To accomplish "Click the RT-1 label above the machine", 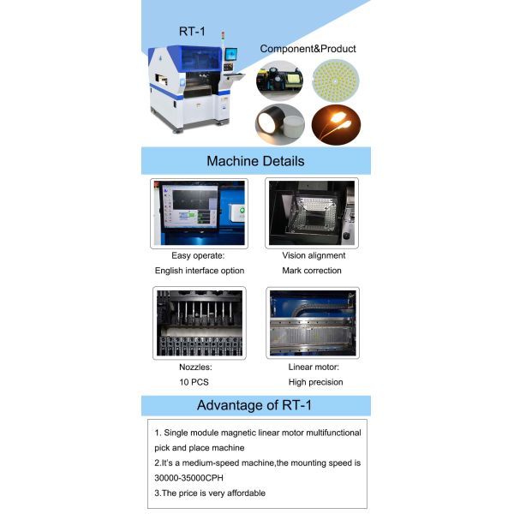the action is tap(192, 32).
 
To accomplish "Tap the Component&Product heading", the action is tap(308, 49).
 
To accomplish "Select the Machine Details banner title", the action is tap(255, 161).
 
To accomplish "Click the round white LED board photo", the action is tap(335, 81).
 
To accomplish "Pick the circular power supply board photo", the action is tap(279, 81).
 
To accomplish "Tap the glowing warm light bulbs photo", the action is tap(336, 124).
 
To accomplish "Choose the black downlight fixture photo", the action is tap(279, 124).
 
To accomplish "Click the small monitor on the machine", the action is tap(231, 54).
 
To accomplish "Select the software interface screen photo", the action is tap(199, 213).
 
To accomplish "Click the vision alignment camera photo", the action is tap(312, 213).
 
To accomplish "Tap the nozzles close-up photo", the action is tap(200, 323).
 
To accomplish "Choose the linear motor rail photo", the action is tap(313, 323).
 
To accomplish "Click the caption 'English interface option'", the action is tap(200, 271).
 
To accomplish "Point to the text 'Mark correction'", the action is tap(312, 271).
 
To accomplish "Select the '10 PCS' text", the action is tap(194, 382).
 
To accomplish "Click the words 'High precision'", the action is tap(315, 382).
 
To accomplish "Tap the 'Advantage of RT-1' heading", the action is tap(254, 405).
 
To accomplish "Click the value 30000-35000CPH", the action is tap(188, 478).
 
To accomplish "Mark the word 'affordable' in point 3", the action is tap(246, 493).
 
